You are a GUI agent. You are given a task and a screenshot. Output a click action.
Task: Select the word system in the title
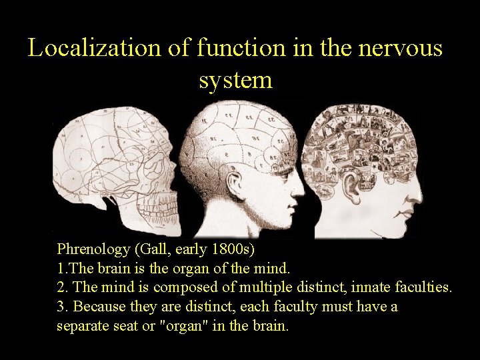click(235, 80)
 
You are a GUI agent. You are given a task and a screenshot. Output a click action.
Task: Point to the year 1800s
click(237, 250)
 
